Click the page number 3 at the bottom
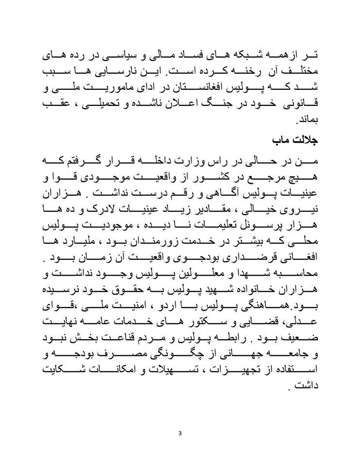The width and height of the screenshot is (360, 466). point(180,433)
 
